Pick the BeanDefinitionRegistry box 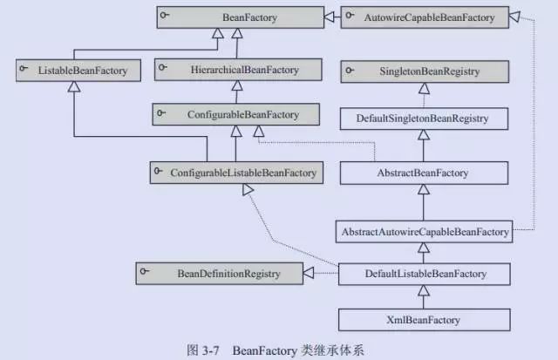(x=219, y=275)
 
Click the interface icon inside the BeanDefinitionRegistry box (x=149, y=273)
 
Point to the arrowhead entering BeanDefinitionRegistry (x=308, y=275)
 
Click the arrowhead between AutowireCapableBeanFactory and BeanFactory (x=330, y=17)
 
